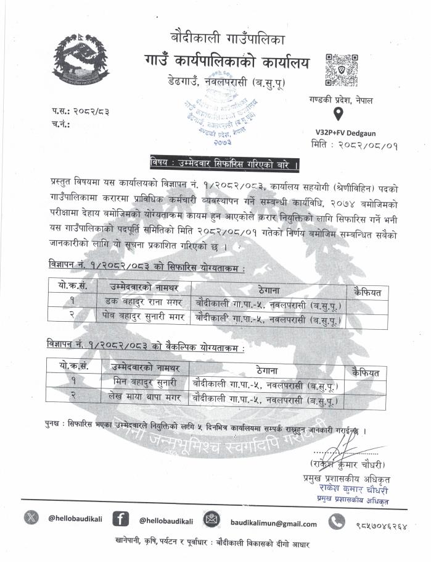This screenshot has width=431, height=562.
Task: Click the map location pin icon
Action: (338, 114)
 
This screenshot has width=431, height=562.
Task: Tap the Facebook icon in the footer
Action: (121, 519)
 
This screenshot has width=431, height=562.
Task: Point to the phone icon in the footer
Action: (336, 522)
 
